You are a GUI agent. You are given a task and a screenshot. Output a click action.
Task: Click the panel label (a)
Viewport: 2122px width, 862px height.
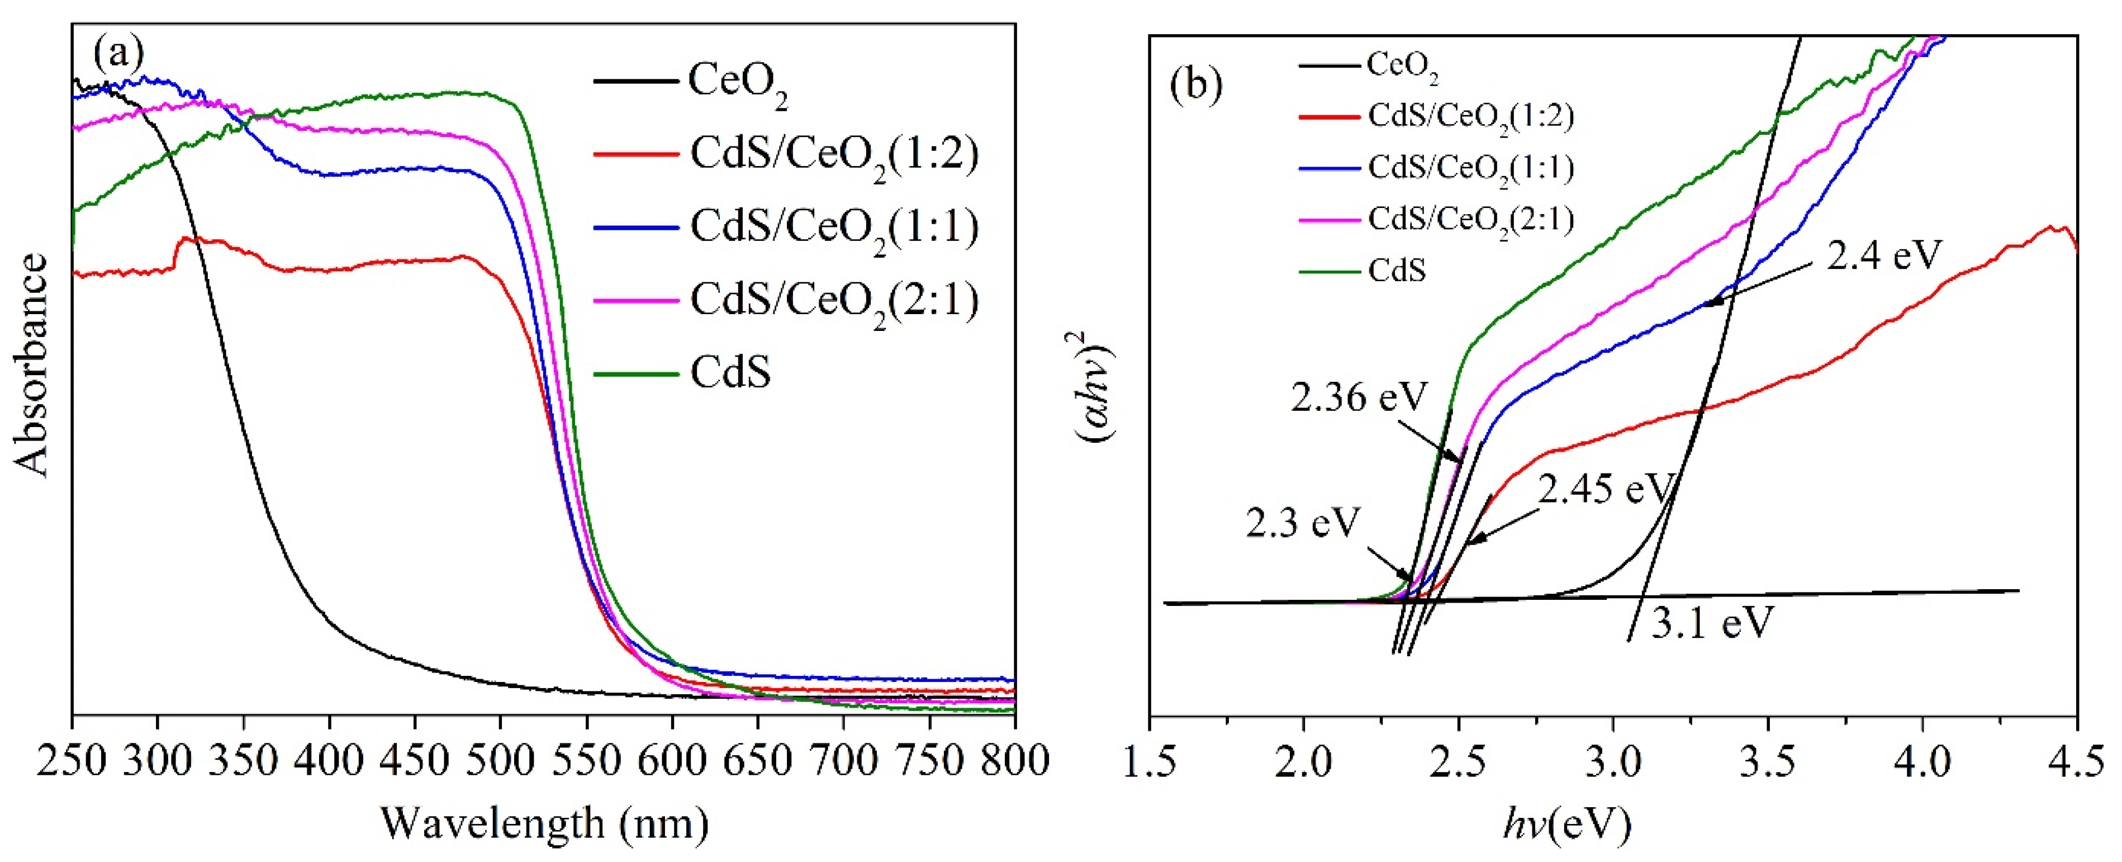118,54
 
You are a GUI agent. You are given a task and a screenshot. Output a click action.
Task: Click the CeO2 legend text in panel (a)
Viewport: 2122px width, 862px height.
737,82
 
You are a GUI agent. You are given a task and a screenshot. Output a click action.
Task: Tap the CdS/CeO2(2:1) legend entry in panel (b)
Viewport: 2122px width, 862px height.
1470,219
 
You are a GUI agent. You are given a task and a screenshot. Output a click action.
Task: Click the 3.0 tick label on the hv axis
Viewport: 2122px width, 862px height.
1612,763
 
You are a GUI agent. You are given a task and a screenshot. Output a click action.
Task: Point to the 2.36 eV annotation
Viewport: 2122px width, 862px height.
1357,398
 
